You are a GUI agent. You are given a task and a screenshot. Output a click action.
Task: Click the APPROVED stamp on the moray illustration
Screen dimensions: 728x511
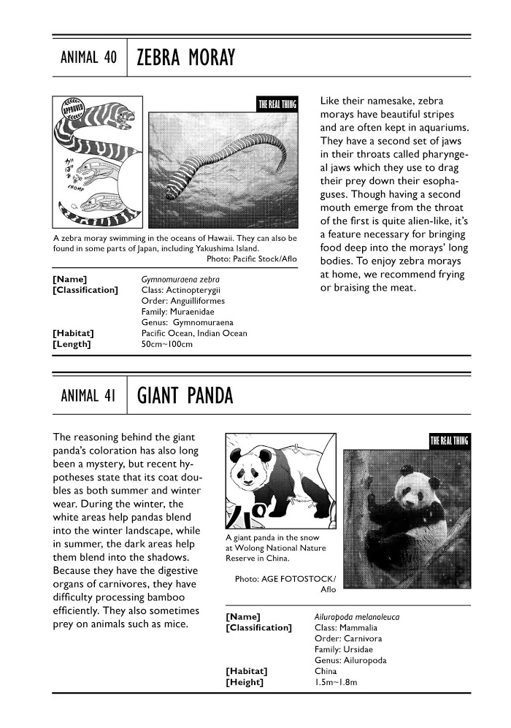point(74,113)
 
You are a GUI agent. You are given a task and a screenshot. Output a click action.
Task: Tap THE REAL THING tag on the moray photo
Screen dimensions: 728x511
point(277,104)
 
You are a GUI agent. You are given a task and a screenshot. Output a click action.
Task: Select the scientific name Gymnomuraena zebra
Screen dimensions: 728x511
point(181,280)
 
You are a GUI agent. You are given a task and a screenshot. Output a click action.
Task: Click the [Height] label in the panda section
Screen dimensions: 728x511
point(245,683)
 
